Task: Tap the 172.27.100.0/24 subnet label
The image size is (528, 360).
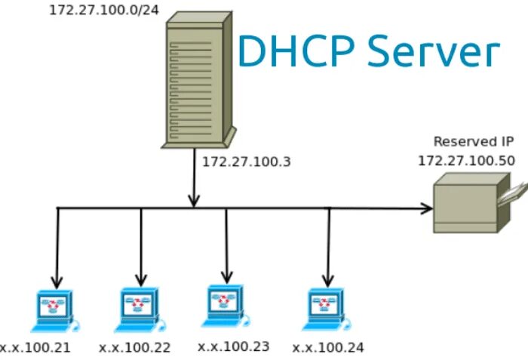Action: coord(104,11)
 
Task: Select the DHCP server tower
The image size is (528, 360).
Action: coord(198,81)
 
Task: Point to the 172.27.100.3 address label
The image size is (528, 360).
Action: coord(246,162)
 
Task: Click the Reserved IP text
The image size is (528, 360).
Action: coord(474,141)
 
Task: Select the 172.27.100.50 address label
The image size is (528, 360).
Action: coord(466,161)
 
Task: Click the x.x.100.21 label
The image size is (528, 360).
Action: coord(35,348)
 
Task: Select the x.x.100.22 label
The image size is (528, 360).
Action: coord(134,348)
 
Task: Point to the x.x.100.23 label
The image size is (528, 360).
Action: coord(233,346)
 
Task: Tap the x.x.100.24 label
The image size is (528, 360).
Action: coord(328,348)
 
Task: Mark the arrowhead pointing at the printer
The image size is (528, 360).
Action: coord(426,208)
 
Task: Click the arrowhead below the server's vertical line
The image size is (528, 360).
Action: coord(194,200)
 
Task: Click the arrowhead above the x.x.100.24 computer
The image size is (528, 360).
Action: coord(327,280)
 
